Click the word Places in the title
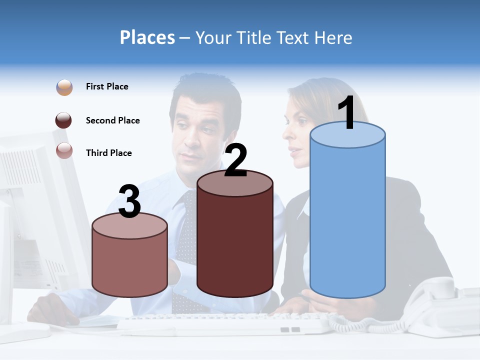(147, 37)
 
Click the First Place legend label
(107, 86)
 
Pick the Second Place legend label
(112, 120)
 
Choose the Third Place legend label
(108, 153)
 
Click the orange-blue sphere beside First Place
(64, 87)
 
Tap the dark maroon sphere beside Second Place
(64, 120)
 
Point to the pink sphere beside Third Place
(64, 150)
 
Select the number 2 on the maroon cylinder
(235, 160)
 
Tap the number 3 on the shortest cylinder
(129, 201)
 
